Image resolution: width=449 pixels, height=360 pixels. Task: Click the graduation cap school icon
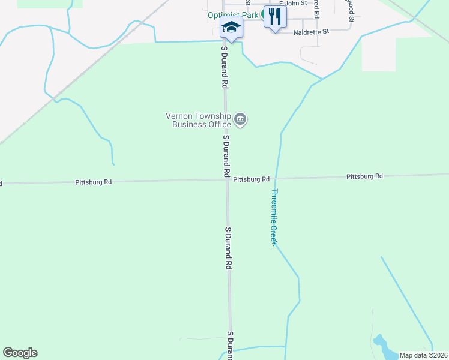(231, 27)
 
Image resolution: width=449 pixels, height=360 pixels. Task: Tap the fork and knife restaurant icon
(274, 17)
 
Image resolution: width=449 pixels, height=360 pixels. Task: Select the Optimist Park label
(235, 15)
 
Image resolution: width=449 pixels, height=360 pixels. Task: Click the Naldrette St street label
(312, 31)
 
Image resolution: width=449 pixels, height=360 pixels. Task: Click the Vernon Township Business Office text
(197, 120)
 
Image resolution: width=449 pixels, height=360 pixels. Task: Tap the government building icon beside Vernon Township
(240, 120)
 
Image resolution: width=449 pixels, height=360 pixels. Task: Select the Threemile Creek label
(274, 217)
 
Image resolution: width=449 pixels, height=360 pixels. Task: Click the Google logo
(20, 353)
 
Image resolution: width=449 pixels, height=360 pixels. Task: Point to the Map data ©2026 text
(423, 355)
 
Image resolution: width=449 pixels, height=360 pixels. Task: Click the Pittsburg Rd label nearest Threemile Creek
(251, 179)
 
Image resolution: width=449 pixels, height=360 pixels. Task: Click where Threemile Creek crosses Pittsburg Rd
(276, 178)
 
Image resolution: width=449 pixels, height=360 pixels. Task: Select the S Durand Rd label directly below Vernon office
(226, 155)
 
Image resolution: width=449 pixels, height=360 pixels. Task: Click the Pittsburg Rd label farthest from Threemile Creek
(93, 181)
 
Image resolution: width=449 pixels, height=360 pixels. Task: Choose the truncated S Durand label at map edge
(229, 345)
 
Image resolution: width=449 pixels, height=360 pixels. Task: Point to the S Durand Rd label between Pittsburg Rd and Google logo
(228, 247)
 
